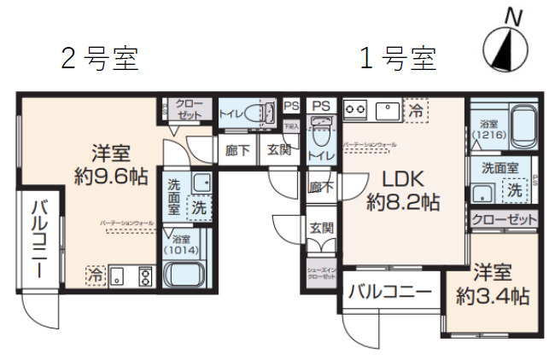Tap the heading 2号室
click(99, 59)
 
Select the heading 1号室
click(397, 59)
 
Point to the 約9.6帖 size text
click(111, 177)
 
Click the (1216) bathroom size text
click(489, 134)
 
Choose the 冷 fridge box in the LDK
click(415, 110)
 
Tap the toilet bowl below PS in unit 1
click(321, 134)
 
